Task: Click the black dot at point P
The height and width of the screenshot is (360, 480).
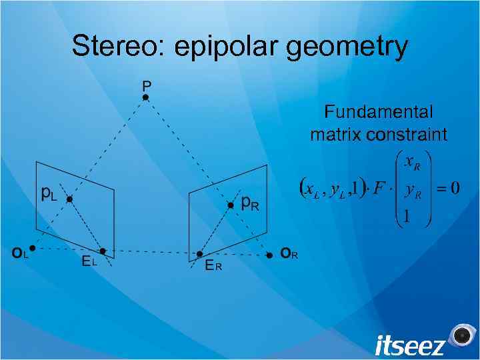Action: [x=145, y=97]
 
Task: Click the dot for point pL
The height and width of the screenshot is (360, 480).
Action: [x=69, y=199]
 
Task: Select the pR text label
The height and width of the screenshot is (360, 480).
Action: [x=249, y=202]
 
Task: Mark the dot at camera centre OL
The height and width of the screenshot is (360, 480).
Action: [x=32, y=247]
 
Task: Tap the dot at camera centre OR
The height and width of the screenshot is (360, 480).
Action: [x=269, y=255]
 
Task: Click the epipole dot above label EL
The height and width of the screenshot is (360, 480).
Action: [x=103, y=251]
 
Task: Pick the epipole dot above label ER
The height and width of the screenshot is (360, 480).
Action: [x=199, y=253]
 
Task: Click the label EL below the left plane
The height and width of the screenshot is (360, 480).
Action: [x=89, y=262]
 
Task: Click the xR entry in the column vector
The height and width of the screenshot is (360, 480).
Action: [x=412, y=163]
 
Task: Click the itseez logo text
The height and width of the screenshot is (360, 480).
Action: [x=409, y=345]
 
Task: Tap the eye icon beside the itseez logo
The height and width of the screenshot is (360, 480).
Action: [x=461, y=335]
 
